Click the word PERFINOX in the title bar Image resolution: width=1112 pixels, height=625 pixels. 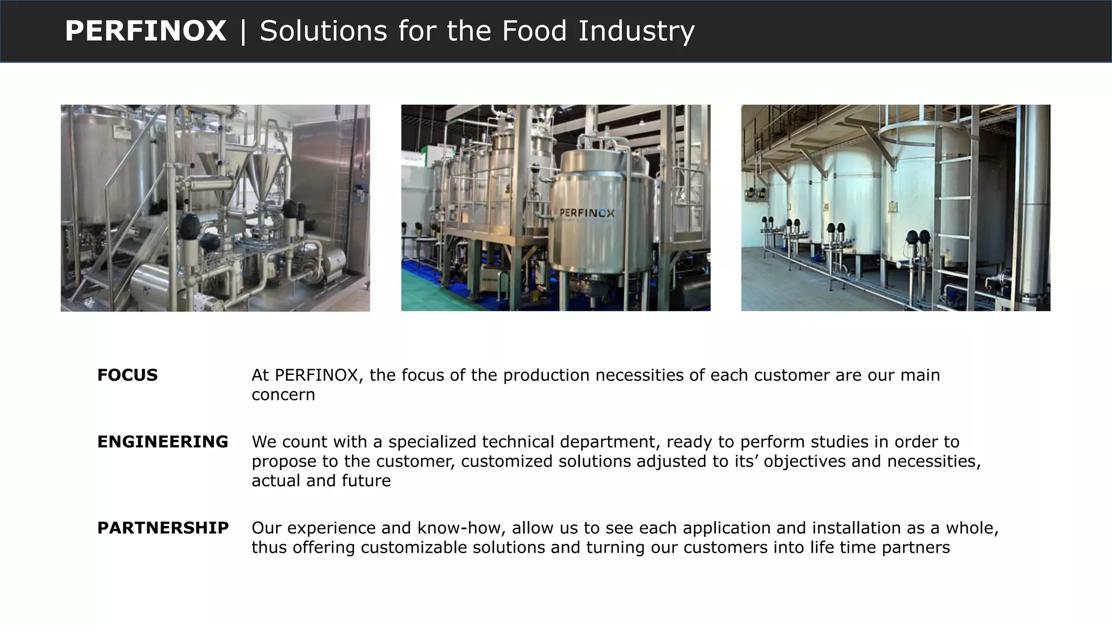tap(145, 31)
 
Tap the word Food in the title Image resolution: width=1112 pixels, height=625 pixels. tap(534, 31)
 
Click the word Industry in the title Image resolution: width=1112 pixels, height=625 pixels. tap(636, 31)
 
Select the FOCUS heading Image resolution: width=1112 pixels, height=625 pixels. tap(127, 375)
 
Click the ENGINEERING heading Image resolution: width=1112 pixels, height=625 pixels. tap(162, 442)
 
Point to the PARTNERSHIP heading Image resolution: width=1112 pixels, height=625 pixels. tap(163, 527)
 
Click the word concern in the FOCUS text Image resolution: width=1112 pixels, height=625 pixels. tap(283, 394)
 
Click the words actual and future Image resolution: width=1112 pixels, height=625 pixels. tap(321, 481)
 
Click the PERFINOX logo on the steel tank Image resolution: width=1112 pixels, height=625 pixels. tap(587, 213)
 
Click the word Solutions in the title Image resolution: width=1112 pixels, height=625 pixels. tap(323, 31)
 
